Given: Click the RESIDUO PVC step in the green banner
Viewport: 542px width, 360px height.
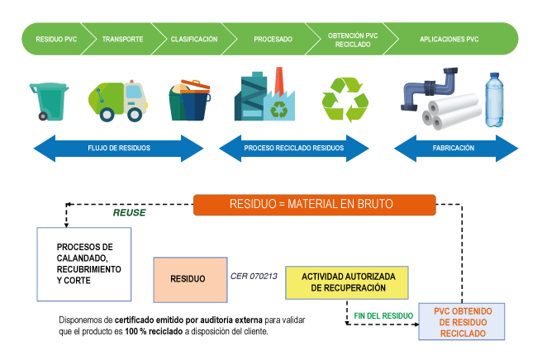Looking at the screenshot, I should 55,39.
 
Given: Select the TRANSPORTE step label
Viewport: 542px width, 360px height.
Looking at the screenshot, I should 122,39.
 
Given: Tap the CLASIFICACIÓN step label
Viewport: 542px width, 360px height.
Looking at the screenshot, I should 194,39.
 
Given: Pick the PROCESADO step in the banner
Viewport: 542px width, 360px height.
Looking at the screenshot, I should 273,39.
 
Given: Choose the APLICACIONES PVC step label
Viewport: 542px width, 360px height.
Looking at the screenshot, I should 449,39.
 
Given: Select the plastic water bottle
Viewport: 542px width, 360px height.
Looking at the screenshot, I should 494,100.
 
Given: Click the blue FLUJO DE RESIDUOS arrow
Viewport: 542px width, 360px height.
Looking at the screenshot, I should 118,149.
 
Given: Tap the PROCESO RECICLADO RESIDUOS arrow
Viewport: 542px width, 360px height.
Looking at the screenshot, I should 294,149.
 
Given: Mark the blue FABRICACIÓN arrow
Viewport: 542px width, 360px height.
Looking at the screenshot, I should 454,149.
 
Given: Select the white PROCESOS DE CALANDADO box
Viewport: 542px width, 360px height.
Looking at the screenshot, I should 84,264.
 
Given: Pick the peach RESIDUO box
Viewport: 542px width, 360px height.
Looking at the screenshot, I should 188,279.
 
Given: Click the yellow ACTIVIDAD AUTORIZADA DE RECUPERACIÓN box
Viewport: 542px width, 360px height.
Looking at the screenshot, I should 347,282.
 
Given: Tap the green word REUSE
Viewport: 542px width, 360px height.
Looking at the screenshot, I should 130,213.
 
